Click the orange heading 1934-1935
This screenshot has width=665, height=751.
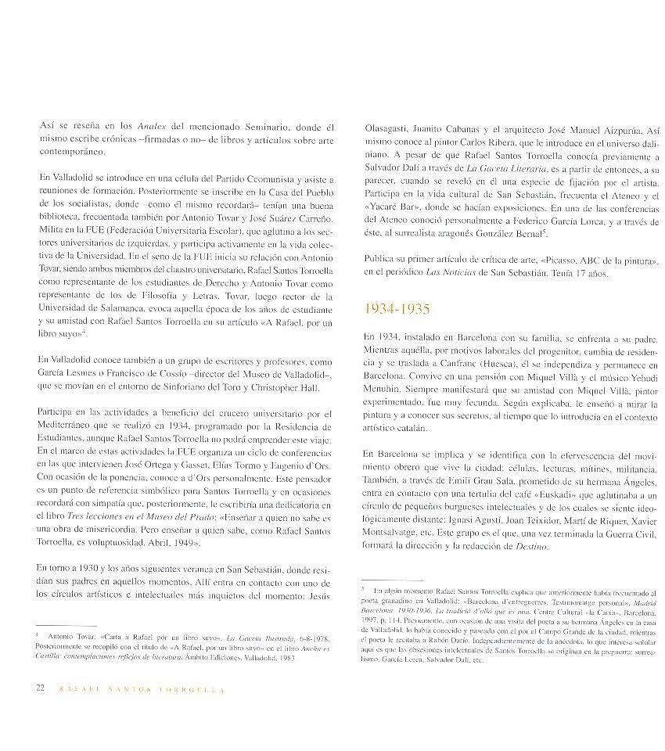coord(397,309)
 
